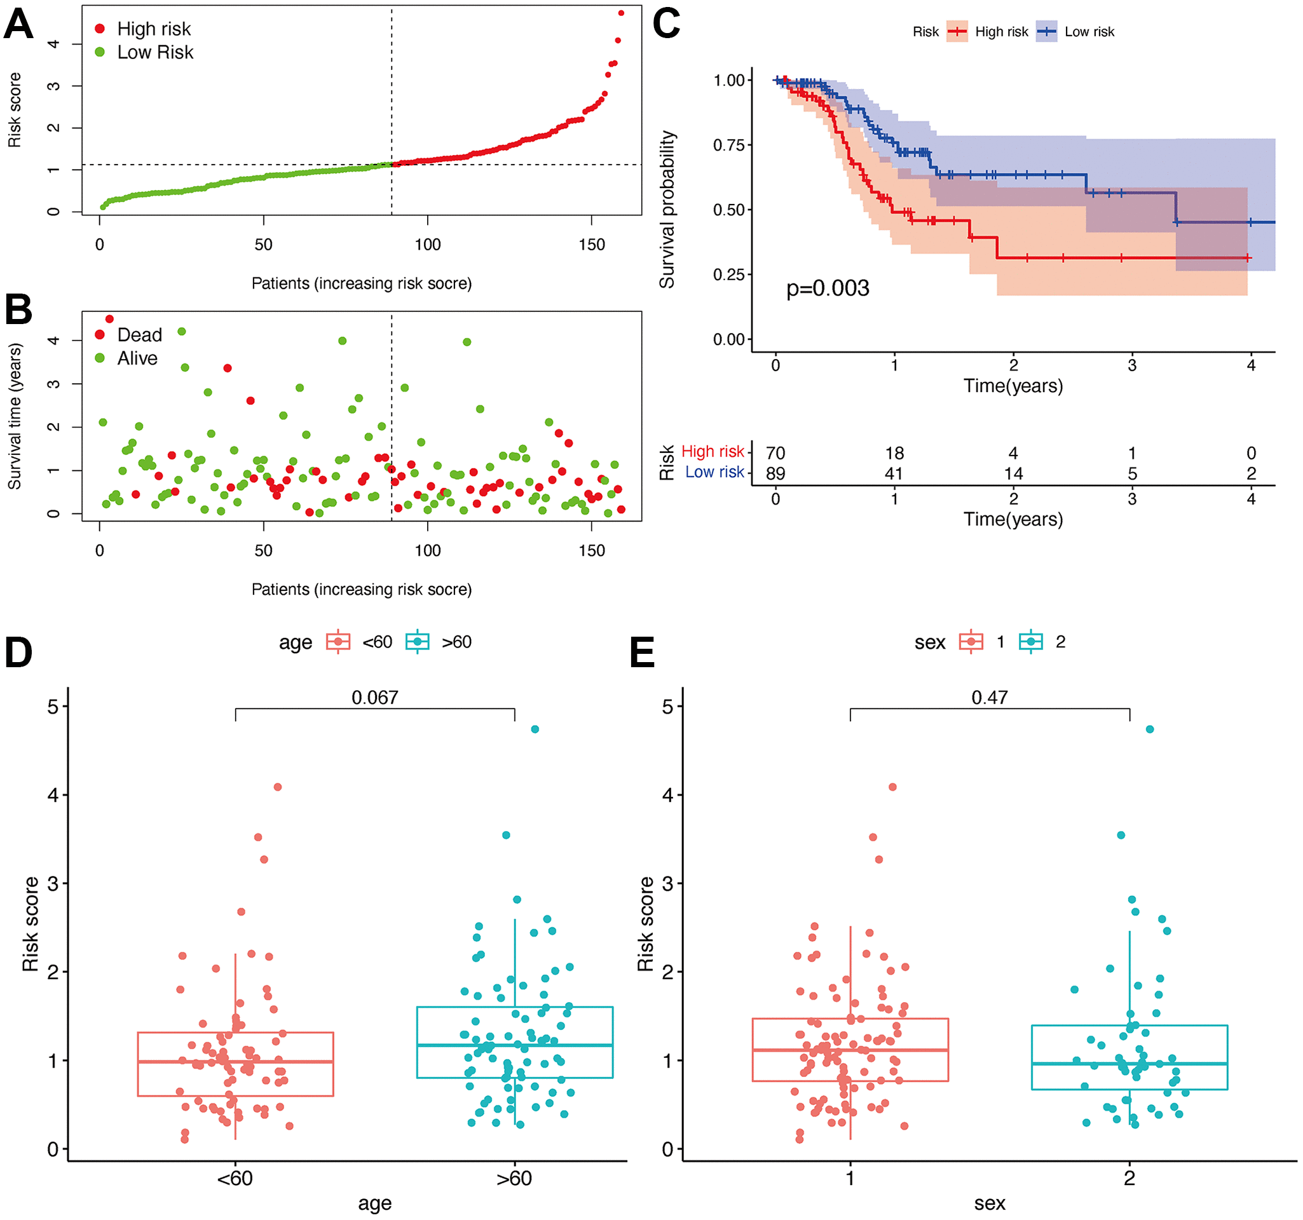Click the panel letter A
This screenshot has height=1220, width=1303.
click(x=18, y=24)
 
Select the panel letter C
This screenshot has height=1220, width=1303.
click(x=666, y=24)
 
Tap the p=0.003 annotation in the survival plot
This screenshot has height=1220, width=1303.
click(x=827, y=288)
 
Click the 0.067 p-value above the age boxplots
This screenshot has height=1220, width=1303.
click(x=374, y=697)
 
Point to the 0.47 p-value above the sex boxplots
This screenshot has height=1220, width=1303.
click(x=989, y=697)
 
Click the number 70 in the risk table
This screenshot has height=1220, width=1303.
click(x=775, y=453)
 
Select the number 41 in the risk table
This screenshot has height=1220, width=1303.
click(x=894, y=473)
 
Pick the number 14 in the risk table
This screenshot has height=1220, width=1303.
click(x=1013, y=473)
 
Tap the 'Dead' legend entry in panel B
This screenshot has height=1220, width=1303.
click(x=139, y=335)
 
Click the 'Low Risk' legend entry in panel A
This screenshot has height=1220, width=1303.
click(x=154, y=52)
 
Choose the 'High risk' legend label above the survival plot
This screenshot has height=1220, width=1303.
click(x=1001, y=31)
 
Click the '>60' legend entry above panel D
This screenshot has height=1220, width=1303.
click(x=456, y=641)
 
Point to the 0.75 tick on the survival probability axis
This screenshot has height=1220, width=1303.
click(x=729, y=145)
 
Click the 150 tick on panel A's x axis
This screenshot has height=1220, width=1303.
click(x=591, y=245)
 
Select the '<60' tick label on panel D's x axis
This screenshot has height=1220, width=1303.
click(x=235, y=1178)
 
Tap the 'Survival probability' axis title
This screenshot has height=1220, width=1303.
click(x=667, y=209)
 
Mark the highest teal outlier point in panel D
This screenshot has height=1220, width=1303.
click(x=535, y=729)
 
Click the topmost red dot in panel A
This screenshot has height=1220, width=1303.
click(x=621, y=13)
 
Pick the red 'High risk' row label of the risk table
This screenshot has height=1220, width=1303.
click(x=713, y=451)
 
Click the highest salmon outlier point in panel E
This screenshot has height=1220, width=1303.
click(x=892, y=787)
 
